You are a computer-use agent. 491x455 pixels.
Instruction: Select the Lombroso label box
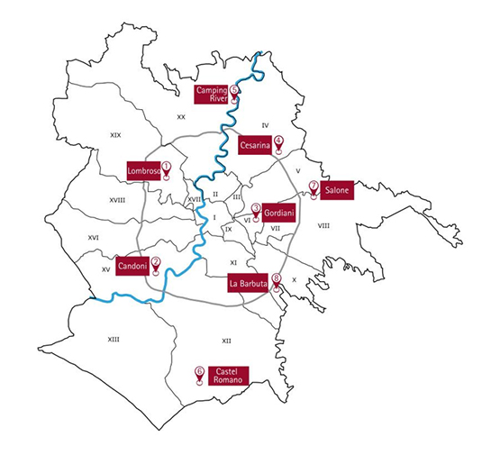point(143,169)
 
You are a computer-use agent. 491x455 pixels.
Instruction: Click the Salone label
point(337,191)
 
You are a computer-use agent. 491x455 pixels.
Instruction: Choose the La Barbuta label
point(249,284)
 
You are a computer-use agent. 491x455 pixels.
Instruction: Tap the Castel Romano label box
point(228,375)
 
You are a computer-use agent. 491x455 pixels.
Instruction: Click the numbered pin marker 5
point(234,92)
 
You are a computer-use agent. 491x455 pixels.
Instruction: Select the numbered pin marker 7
point(314,188)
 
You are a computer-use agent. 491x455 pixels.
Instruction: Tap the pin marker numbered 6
point(198,373)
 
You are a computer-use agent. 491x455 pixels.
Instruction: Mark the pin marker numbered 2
point(156,264)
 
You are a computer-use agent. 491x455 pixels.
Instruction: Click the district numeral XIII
point(114,340)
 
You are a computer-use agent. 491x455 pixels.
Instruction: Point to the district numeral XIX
point(115,134)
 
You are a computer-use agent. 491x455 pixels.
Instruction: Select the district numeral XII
point(226,340)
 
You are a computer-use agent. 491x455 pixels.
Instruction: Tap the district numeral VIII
point(323,225)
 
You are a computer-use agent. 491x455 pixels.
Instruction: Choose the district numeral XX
point(181,116)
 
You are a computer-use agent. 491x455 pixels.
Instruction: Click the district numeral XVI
point(93,238)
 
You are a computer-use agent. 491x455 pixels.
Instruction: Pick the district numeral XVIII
point(117,200)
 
